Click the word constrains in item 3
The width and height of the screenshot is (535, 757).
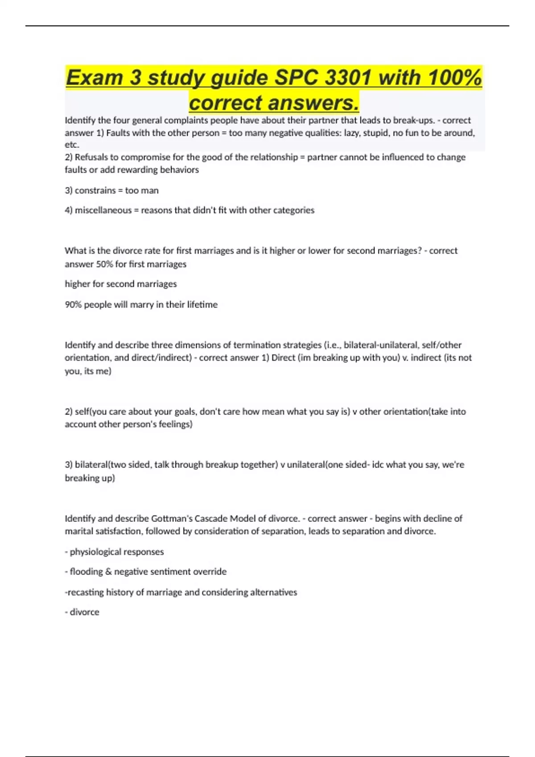point(95,191)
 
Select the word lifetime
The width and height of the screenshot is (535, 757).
point(202,305)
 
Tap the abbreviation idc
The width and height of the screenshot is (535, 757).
point(378,465)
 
